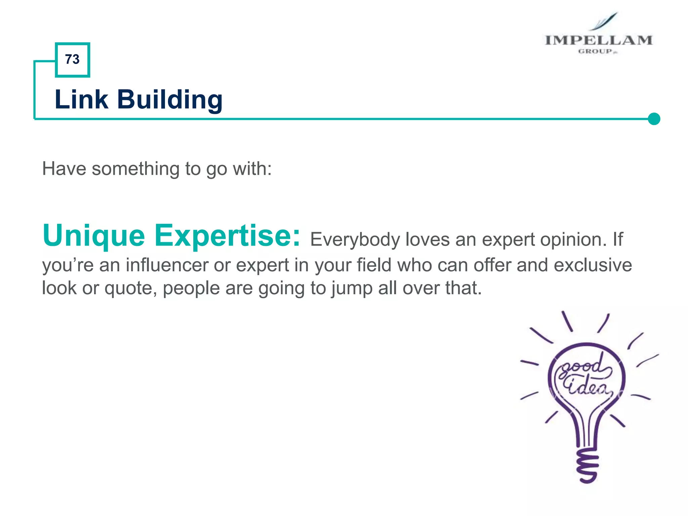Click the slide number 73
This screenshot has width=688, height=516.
click(x=72, y=59)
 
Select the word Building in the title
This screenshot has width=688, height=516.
click(x=170, y=100)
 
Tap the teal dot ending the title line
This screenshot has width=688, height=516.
click(x=654, y=119)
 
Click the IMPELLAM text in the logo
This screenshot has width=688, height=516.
click(x=598, y=40)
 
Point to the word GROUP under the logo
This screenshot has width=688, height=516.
click(x=595, y=51)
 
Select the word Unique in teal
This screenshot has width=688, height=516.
click(x=94, y=236)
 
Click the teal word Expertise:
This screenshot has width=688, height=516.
click(x=227, y=236)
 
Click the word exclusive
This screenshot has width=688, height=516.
click(x=593, y=265)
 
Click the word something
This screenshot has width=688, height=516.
click(x=136, y=169)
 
